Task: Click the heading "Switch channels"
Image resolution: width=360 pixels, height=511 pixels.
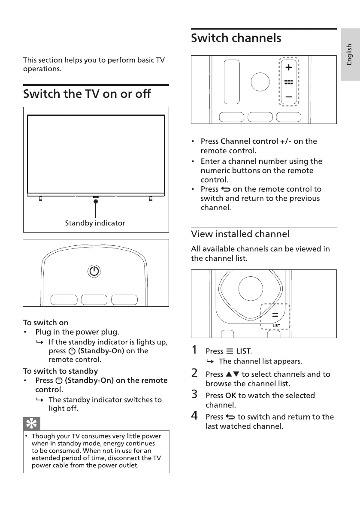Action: tap(236, 38)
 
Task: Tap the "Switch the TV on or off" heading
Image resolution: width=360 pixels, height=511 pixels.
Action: tap(87, 94)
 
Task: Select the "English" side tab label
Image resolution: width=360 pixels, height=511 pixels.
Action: tap(350, 54)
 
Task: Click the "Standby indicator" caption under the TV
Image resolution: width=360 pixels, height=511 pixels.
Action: tap(95, 223)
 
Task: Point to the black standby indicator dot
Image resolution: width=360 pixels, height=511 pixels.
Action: tap(96, 201)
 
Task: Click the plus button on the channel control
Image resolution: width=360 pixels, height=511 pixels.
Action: tap(289, 67)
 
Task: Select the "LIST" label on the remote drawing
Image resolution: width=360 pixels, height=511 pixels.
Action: tap(276, 326)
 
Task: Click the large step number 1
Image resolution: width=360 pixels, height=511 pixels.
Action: tap(195, 351)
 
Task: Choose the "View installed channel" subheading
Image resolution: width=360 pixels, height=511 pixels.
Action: tap(240, 234)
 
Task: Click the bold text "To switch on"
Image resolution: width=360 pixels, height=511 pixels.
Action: tap(45, 323)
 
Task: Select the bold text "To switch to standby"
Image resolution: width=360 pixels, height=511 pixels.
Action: tap(61, 371)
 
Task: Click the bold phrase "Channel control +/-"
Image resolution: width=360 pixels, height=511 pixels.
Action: tap(256, 141)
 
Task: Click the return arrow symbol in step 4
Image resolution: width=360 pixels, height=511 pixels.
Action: tap(230, 417)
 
